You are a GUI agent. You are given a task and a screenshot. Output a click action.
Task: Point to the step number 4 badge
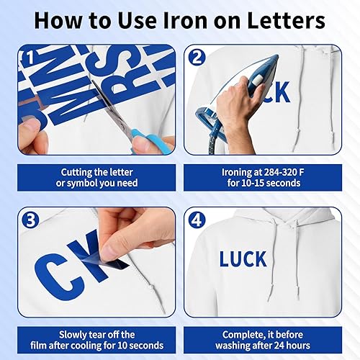click(196, 220)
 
